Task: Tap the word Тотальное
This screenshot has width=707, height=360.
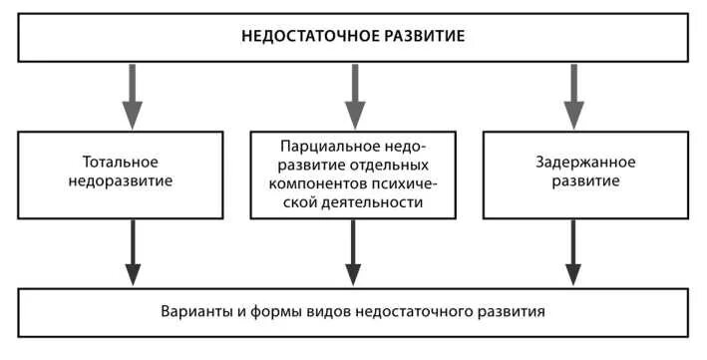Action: tap(122, 161)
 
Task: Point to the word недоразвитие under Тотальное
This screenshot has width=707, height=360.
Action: tap(122, 182)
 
